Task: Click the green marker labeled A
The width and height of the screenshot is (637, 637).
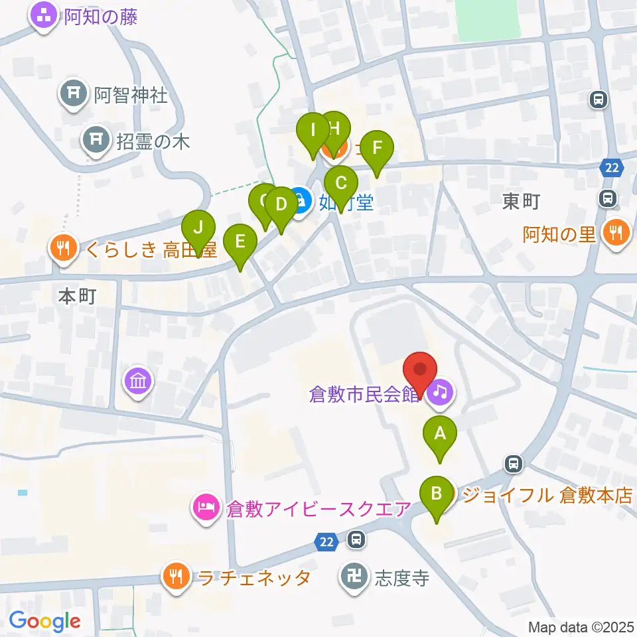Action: coord(439,436)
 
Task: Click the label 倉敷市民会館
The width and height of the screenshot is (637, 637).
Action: coord(366,393)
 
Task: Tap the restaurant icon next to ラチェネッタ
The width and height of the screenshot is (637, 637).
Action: coord(176,577)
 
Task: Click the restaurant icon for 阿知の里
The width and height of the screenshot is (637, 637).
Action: coord(616,233)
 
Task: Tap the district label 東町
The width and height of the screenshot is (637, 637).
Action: coord(521,202)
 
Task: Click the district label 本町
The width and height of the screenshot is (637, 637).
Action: coord(78,296)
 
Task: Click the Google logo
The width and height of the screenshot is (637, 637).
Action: coord(45,621)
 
